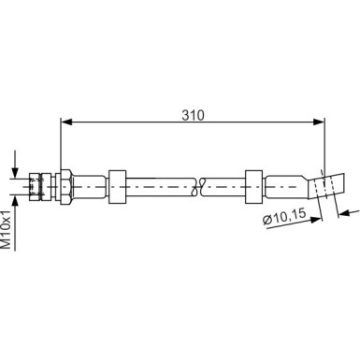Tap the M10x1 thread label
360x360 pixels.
pyautogui.click(x=7, y=229)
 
